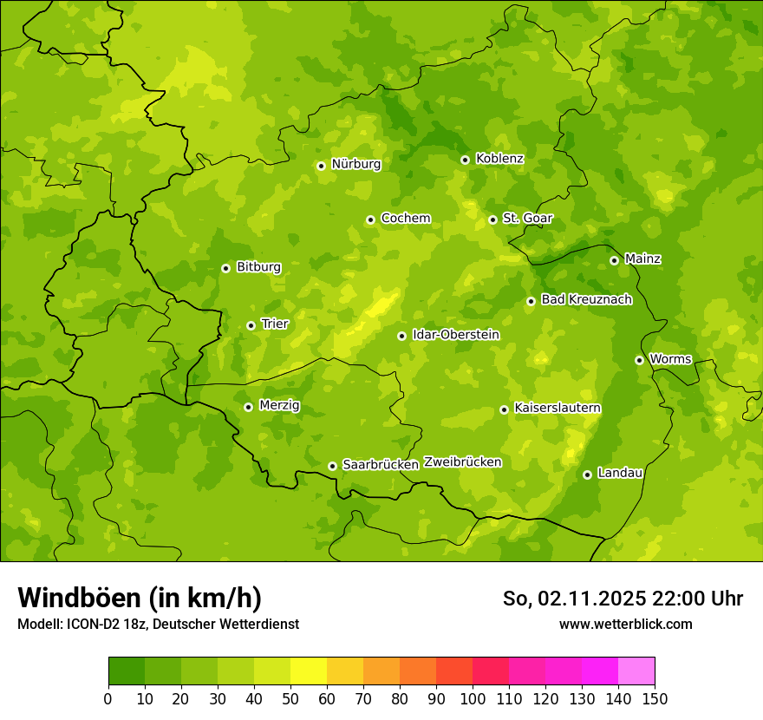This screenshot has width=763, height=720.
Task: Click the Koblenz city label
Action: coord(499,159)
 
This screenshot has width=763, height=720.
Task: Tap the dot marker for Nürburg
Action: coord(321,166)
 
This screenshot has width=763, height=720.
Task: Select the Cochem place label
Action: coord(405,219)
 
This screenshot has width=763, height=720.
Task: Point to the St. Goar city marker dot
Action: coord(492,219)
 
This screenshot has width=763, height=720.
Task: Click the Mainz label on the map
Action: coord(642,259)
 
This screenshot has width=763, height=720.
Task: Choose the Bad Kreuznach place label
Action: coord(586,300)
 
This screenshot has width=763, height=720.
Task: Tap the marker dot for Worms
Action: coord(639,360)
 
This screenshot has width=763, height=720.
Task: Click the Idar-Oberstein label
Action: coord(455,335)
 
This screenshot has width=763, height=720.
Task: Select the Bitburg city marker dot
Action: coord(225,268)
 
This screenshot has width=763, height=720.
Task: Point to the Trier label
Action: coord(274,324)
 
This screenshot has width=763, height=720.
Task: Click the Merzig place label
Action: coord(279,406)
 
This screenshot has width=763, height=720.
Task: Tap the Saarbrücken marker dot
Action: coord(332,466)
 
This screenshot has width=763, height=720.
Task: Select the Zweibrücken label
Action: coord(462,462)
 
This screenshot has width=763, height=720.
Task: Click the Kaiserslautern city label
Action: coord(557,408)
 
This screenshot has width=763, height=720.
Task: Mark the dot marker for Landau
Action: coord(587,475)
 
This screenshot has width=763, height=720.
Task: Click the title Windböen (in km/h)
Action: coord(140,598)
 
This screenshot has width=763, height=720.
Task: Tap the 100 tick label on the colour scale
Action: coord(473,698)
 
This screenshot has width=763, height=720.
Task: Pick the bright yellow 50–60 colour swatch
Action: coord(309,671)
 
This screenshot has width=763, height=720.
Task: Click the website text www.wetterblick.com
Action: coord(625,624)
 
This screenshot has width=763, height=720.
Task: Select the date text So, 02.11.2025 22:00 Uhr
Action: coord(623,599)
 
